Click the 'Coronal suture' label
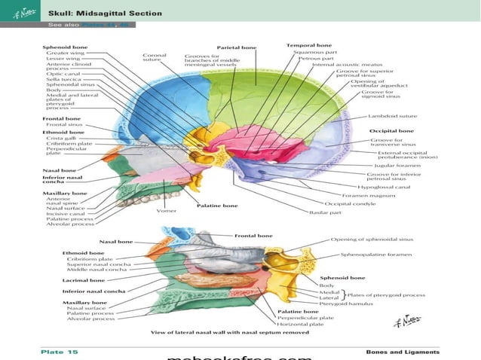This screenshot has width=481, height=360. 154,58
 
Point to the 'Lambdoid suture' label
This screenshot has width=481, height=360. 391,116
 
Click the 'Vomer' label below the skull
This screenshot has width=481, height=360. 167,210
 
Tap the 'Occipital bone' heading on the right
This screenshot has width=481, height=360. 391,131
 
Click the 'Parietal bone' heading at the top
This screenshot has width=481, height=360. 236,47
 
